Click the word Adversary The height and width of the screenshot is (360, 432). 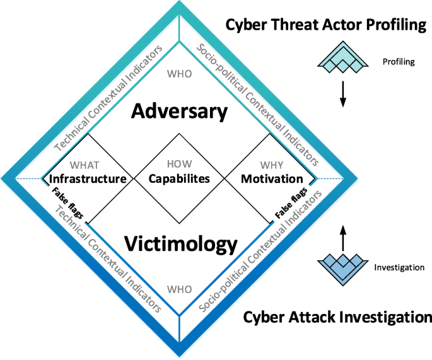click(180, 112)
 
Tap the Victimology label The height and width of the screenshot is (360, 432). click(180, 243)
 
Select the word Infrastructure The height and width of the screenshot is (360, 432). click(88, 179)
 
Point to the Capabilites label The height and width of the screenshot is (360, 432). click(178, 179)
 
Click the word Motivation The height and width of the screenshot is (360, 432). click(272, 179)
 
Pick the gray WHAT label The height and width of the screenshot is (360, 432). click(85, 165)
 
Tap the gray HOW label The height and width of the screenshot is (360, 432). click(178, 165)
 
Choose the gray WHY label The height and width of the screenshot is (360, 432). click(272, 165)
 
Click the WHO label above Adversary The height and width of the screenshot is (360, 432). click(180, 74)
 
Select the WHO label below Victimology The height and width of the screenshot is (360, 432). click(180, 289)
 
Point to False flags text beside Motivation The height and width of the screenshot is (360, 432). click(291, 202)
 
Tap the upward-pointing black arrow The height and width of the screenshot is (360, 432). click(342, 239)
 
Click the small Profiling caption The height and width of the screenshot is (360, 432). click(398, 62)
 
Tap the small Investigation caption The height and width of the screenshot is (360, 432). click(399, 267)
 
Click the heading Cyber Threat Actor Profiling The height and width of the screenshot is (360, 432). click(327, 25)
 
